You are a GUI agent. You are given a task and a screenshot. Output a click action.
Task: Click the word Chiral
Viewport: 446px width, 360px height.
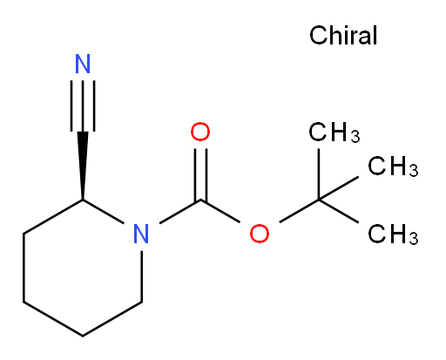click(343, 35)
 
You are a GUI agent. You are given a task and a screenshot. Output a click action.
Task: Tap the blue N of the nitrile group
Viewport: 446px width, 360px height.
click(83, 64)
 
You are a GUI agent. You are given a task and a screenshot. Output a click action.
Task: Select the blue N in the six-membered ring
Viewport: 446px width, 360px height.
click(141, 234)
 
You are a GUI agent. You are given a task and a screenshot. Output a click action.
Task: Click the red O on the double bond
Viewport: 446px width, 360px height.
click(200, 132)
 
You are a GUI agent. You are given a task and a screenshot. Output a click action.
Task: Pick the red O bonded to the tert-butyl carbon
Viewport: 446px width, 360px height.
click(260, 234)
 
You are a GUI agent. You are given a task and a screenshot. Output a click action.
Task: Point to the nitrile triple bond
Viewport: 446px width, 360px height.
click(83, 105)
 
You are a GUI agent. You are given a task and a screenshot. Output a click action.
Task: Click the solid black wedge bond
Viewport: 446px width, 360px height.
click(83, 166)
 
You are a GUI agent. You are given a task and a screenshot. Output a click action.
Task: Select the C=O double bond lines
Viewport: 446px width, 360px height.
click(201, 174)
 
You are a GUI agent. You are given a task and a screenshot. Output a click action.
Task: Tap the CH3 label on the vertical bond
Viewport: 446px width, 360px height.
click(334, 132)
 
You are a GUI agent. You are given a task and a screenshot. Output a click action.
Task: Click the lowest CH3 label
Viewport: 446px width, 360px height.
click(393, 234)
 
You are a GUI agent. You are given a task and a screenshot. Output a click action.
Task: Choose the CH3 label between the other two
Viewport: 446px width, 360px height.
click(393, 166)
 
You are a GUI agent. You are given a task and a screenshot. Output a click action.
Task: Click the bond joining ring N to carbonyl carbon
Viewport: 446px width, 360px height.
click(180, 212)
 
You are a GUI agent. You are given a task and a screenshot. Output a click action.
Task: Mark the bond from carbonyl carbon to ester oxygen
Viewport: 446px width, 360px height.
click(220, 211)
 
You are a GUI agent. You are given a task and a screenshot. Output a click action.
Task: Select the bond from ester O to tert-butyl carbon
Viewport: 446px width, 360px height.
click(299, 211)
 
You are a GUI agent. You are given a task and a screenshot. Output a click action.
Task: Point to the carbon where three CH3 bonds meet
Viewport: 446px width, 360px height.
click(319, 200)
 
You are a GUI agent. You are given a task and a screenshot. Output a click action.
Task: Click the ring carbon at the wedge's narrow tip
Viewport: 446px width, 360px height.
click(83, 200)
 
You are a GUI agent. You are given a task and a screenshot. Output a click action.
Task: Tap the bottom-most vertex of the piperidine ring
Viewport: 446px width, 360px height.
click(83, 336)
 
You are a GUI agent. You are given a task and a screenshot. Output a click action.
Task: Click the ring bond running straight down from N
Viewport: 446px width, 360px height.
click(142, 276)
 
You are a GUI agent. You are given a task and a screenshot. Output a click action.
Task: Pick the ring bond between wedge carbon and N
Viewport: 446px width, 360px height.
click(104, 212)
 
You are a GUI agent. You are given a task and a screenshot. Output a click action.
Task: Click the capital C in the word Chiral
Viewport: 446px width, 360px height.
click(317, 35)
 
